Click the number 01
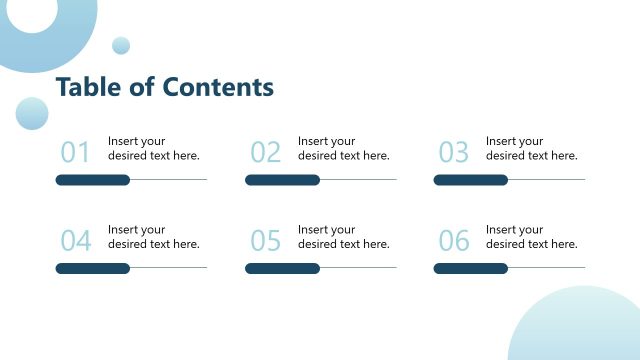tap(75, 152)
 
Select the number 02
tap(265, 152)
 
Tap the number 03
tap(453, 152)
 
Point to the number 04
tap(75, 241)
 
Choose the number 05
tap(265, 241)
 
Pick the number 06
tap(453, 241)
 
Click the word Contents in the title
tap(218, 88)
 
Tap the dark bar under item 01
tap(93, 180)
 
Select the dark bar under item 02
tap(282, 180)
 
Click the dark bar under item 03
tap(470, 180)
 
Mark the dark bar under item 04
tap(93, 268)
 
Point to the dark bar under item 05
tap(282, 268)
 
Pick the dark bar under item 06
tap(470, 268)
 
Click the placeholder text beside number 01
tap(153, 148)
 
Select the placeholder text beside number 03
tap(531, 148)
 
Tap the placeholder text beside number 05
tap(343, 237)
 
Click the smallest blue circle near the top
tap(121, 45)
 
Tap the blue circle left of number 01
tap(32, 113)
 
